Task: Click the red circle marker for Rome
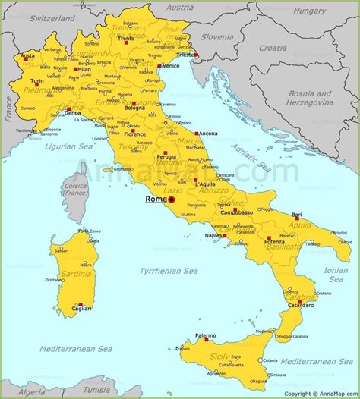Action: [172, 201]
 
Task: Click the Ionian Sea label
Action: [335, 274]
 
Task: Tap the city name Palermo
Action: [206, 335]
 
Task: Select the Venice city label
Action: [171, 65]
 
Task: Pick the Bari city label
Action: [296, 215]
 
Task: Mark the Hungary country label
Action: [310, 11]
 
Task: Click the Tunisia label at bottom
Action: [96, 389]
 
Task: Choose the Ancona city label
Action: [207, 134]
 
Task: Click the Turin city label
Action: [36, 80]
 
